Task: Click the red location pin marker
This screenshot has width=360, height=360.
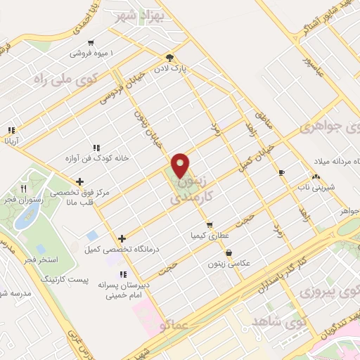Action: [181, 165]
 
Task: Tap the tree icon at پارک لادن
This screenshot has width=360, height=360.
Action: [169, 58]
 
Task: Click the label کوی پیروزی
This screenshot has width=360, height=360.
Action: [328, 289]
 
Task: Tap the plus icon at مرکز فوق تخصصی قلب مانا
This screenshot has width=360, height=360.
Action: [80, 181]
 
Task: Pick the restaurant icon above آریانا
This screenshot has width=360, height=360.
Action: [11, 131]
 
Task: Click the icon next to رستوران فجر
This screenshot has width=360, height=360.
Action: [23, 188]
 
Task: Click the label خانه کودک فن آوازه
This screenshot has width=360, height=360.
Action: [96, 158]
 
